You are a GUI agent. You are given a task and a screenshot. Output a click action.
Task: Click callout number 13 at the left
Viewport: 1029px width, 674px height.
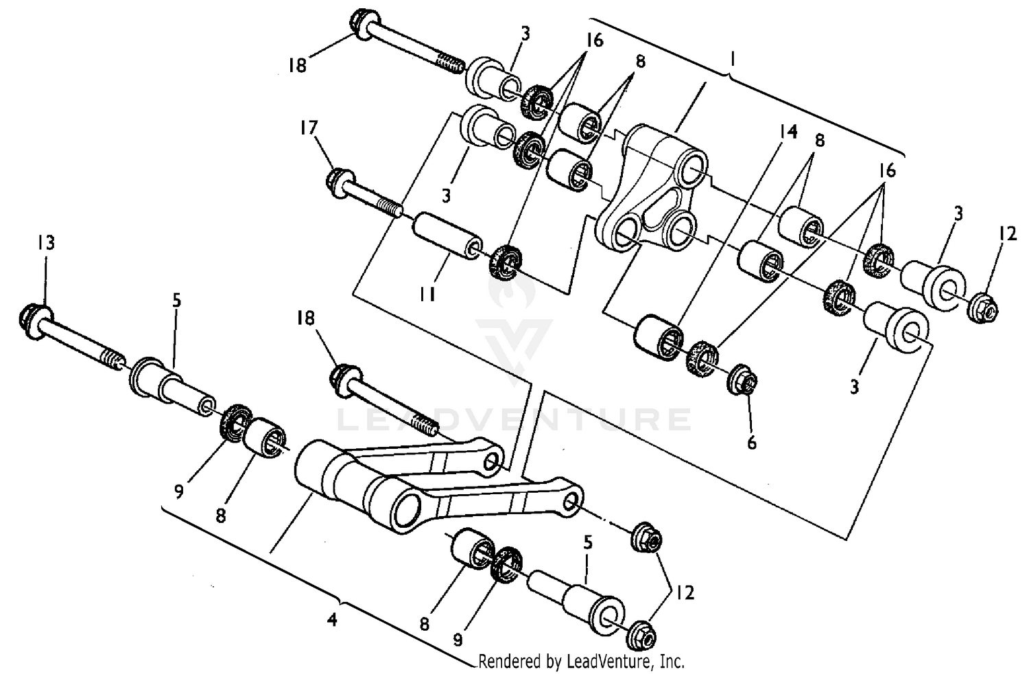pyautogui.click(x=46, y=243)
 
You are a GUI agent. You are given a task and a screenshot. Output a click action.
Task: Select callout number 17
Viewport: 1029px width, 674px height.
pyautogui.click(x=309, y=127)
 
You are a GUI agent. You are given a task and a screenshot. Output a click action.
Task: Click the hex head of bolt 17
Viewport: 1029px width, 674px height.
pyautogui.click(x=337, y=180)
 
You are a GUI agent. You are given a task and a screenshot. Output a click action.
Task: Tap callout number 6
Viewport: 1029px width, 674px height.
pyautogui.click(x=752, y=443)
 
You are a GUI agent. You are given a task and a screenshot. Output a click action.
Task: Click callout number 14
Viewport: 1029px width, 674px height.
pyautogui.click(x=788, y=132)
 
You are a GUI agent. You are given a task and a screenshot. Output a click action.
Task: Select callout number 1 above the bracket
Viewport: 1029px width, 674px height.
pyautogui.click(x=732, y=60)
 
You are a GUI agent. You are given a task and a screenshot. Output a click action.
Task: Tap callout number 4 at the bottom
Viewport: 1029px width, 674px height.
pyautogui.click(x=332, y=620)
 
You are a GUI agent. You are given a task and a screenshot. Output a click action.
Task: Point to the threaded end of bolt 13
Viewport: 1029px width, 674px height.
pyautogui.click(x=112, y=358)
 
